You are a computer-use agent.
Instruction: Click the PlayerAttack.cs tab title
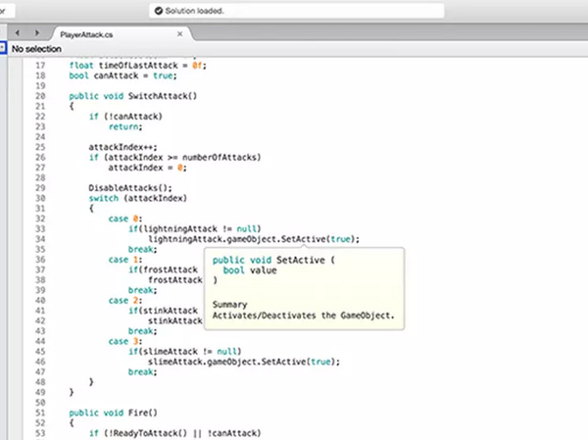pos(86,35)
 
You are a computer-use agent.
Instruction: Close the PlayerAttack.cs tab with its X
pos(180,34)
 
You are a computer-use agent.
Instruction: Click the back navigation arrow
pos(18,33)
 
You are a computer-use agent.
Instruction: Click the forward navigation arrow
pos(37,33)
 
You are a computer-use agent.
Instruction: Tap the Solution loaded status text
pos(194,11)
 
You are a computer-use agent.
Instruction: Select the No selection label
pos(36,49)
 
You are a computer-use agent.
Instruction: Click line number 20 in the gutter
pos(40,96)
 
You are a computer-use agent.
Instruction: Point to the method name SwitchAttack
pos(158,96)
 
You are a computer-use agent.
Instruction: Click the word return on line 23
pos(123,126)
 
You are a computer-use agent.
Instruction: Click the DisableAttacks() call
pos(130,188)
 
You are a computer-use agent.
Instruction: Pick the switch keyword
pos(104,198)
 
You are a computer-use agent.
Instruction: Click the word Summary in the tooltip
pos(230,305)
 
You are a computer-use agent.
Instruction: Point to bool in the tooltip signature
pos(233,270)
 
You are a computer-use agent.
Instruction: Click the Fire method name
pos(138,413)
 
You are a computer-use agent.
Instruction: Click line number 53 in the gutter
pos(40,433)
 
